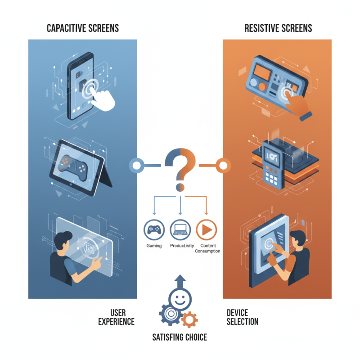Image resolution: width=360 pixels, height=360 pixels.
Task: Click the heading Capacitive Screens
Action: point(83,28)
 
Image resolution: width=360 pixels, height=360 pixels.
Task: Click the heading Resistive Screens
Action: point(278,28)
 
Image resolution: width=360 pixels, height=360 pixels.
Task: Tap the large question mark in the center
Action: point(180,169)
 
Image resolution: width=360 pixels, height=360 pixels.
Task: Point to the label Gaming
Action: point(154,246)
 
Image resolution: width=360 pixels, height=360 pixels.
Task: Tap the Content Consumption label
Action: point(207,248)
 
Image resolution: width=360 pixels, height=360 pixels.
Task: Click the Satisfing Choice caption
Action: point(180,337)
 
